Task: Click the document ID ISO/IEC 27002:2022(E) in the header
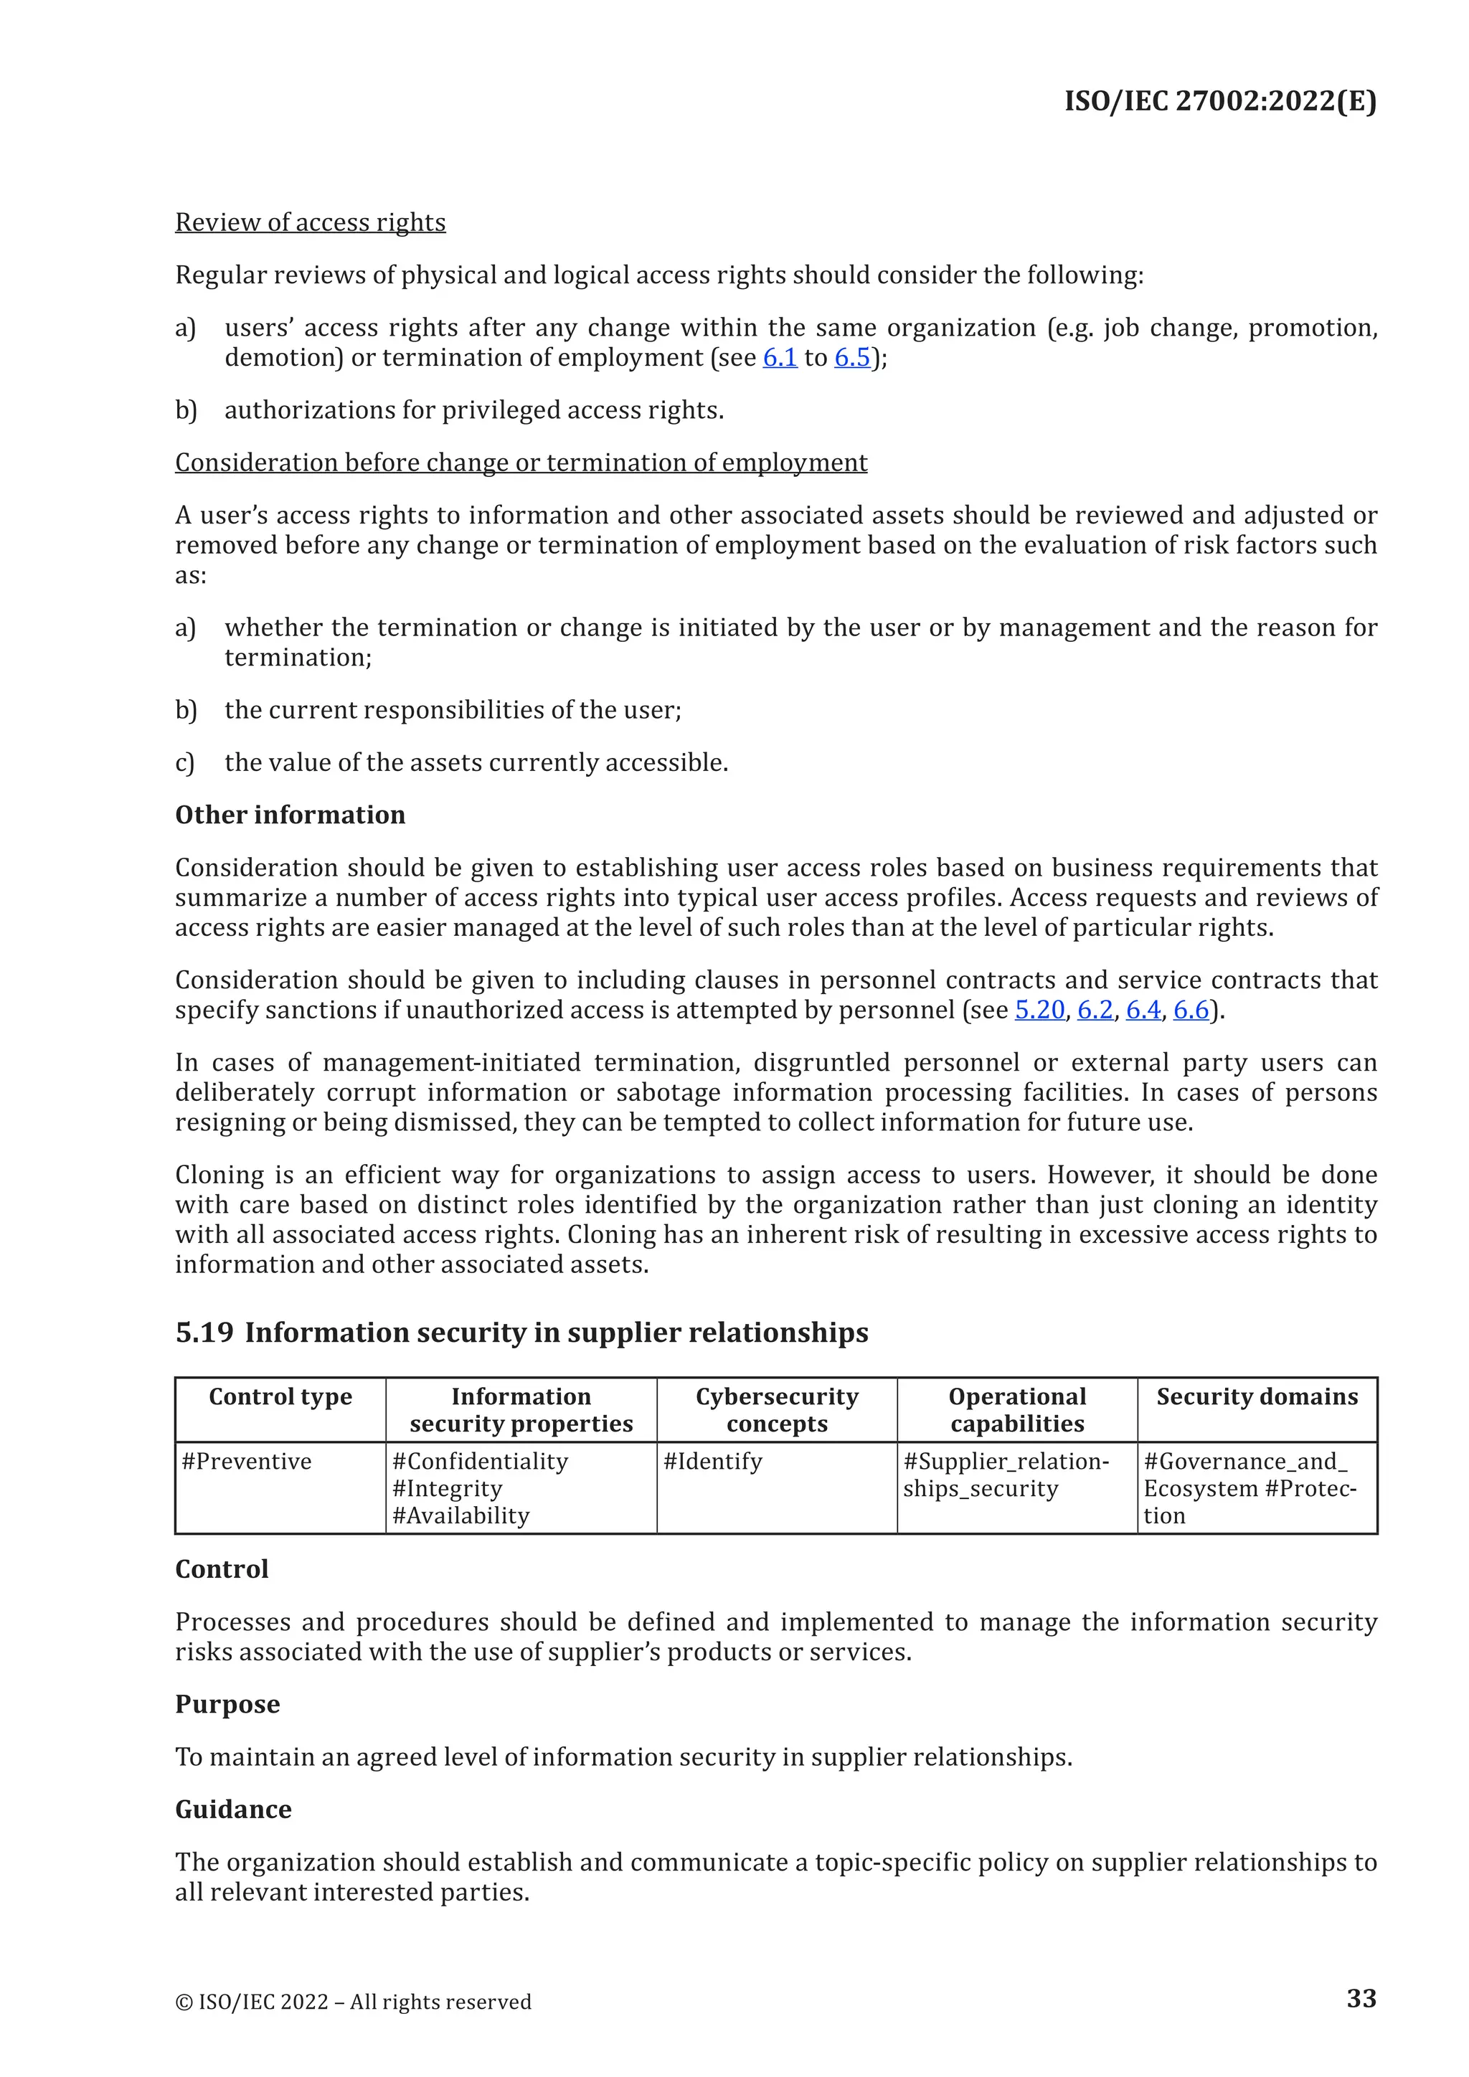click(1219, 100)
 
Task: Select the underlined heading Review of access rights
click(311, 222)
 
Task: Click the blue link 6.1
click(780, 357)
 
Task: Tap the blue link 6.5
click(851, 357)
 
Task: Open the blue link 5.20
click(1039, 1010)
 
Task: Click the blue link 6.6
click(1191, 1010)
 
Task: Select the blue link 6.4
click(1143, 1010)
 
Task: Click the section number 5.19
click(204, 1333)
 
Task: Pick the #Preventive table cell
click(246, 1462)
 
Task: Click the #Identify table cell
click(713, 1462)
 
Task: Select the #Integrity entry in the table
click(447, 1489)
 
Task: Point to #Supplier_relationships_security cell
click(1005, 1475)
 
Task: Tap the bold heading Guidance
click(233, 1809)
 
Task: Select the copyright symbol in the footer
click(184, 2002)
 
